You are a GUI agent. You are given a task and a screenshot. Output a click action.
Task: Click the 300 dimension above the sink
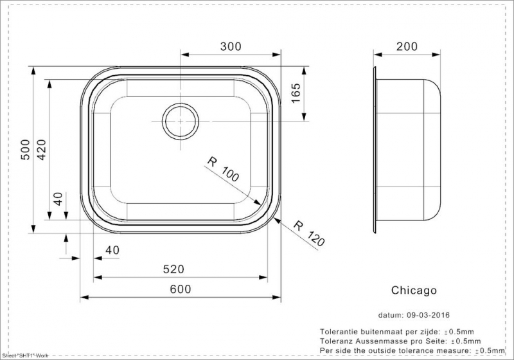[231, 46]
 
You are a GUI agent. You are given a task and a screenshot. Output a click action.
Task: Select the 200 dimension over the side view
[407, 46]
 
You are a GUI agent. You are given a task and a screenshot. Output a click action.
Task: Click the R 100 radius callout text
[223, 169]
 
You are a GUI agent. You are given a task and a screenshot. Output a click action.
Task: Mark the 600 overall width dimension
[181, 290]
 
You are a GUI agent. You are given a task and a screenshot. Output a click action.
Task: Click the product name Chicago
[414, 291]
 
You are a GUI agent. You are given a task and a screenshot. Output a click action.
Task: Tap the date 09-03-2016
[428, 316]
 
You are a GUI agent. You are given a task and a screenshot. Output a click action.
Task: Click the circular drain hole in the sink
[180, 120]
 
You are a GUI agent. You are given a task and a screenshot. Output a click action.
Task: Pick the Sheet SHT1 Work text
[26, 355]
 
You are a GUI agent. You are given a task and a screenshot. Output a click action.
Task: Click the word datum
[389, 316]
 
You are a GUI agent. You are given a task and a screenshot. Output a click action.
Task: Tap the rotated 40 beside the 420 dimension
[60, 199]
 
